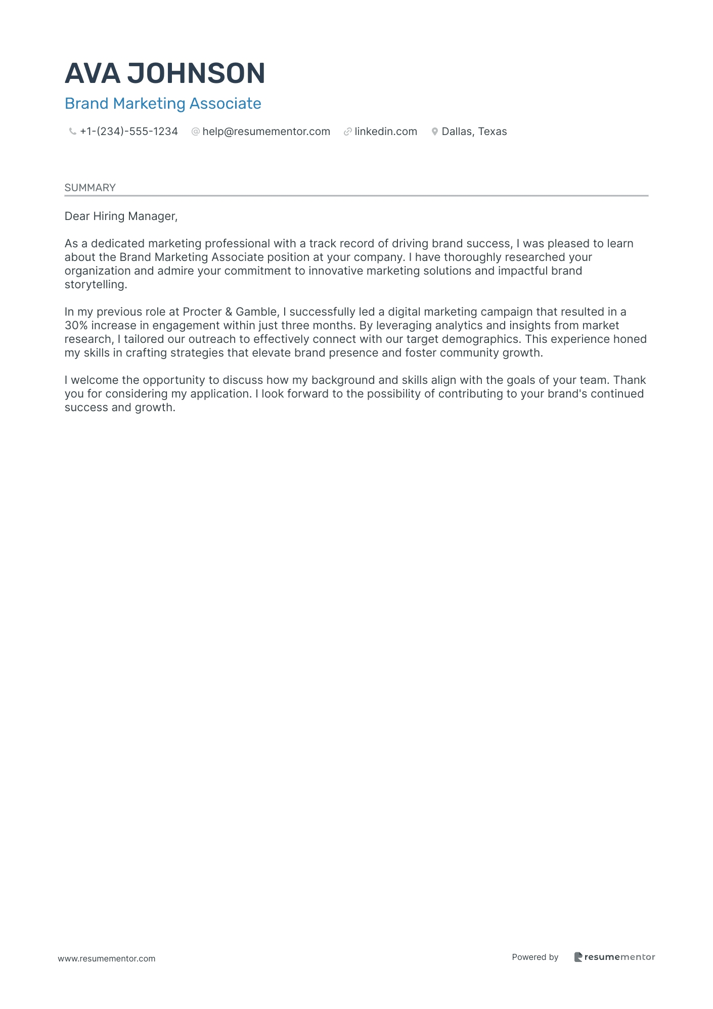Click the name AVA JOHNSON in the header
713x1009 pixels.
click(x=165, y=73)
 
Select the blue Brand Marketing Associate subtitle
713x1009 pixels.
click(x=163, y=104)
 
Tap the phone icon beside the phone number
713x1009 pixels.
click(x=72, y=131)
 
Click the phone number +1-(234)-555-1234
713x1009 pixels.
click(x=129, y=131)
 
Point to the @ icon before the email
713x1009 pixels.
click(x=195, y=131)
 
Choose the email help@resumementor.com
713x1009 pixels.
click(x=266, y=131)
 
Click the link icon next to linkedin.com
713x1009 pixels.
click(x=347, y=131)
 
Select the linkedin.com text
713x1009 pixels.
click(x=386, y=131)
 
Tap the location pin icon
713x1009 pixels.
click(x=434, y=131)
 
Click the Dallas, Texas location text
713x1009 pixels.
click(x=474, y=131)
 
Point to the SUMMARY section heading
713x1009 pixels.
click(x=90, y=188)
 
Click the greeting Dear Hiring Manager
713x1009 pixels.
click(x=121, y=216)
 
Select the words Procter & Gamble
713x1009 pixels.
click(x=230, y=312)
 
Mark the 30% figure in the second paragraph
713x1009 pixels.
click(x=76, y=326)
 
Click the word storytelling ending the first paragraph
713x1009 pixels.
click(x=95, y=285)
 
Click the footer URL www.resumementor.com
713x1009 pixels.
click(x=107, y=958)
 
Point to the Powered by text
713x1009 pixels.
click(x=535, y=957)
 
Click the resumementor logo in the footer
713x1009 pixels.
click(x=614, y=957)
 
